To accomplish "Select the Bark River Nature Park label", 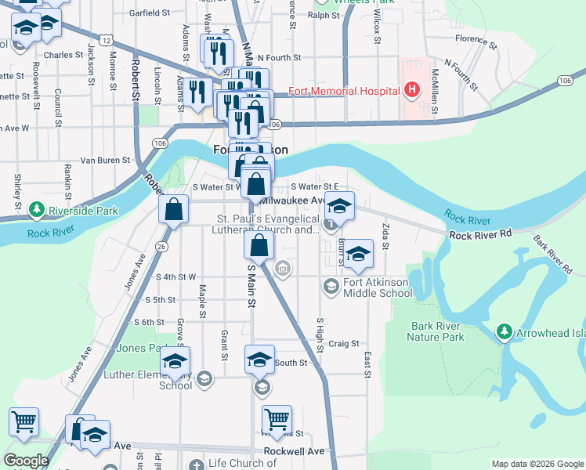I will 436,331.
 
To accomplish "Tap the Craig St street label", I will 343,343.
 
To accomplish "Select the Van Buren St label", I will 105,160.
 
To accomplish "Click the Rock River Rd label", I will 481,234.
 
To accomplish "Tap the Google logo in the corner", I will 26,460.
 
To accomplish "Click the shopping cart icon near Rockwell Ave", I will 277,420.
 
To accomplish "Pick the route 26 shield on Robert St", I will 161,247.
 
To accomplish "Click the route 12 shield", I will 107,40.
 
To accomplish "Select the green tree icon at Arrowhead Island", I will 506,333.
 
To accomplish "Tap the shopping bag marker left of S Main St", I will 174,210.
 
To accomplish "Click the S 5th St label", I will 160,299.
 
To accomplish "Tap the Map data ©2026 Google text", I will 537,464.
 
